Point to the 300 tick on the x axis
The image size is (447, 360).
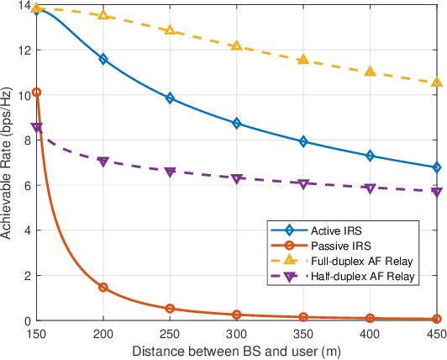click(236, 334)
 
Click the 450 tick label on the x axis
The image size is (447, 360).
click(435, 334)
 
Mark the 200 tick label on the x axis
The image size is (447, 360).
click(103, 334)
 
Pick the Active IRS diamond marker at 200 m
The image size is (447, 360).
click(103, 59)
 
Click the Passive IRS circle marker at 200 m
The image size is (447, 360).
click(103, 288)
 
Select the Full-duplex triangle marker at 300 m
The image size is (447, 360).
click(236, 45)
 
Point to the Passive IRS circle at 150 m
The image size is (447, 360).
click(37, 93)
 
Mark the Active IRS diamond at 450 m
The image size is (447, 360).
click(435, 167)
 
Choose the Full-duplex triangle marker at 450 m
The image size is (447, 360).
click(435, 82)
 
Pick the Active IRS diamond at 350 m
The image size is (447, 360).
click(302, 141)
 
